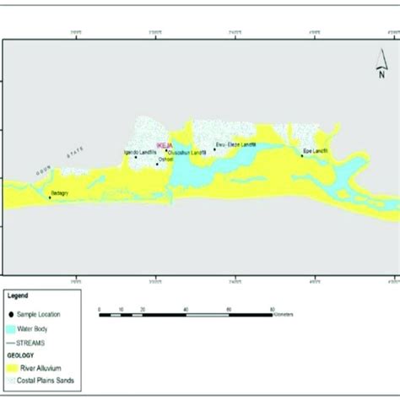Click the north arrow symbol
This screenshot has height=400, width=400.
pyautogui.click(x=381, y=64)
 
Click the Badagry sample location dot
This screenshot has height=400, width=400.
pyautogui.click(x=50, y=197)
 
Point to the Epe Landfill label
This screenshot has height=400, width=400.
pyautogui.click(x=316, y=151)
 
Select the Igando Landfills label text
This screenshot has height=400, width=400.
pyautogui.click(x=139, y=152)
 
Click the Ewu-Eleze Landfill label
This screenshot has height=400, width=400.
pyautogui.click(x=235, y=144)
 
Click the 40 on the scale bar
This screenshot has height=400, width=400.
pyautogui.click(x=184, y=310)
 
